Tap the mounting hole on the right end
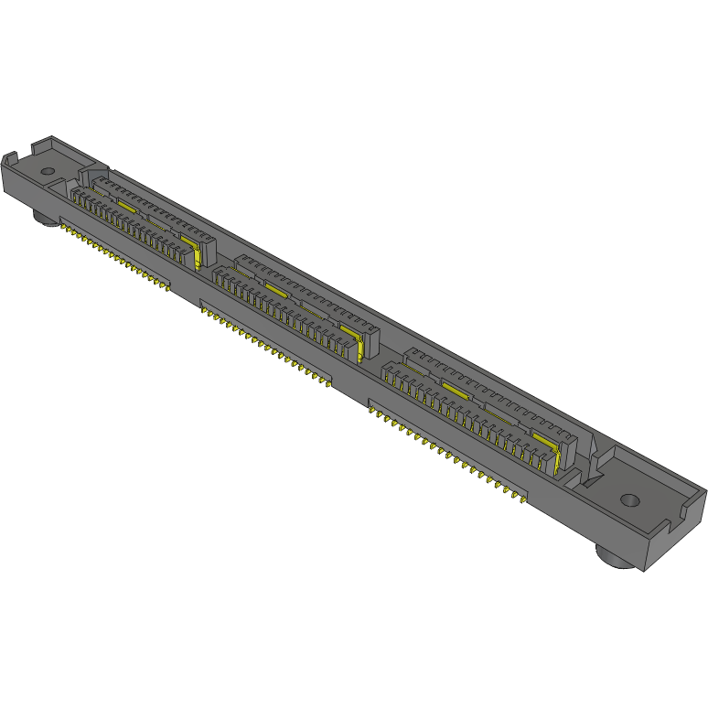coord(630,500)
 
